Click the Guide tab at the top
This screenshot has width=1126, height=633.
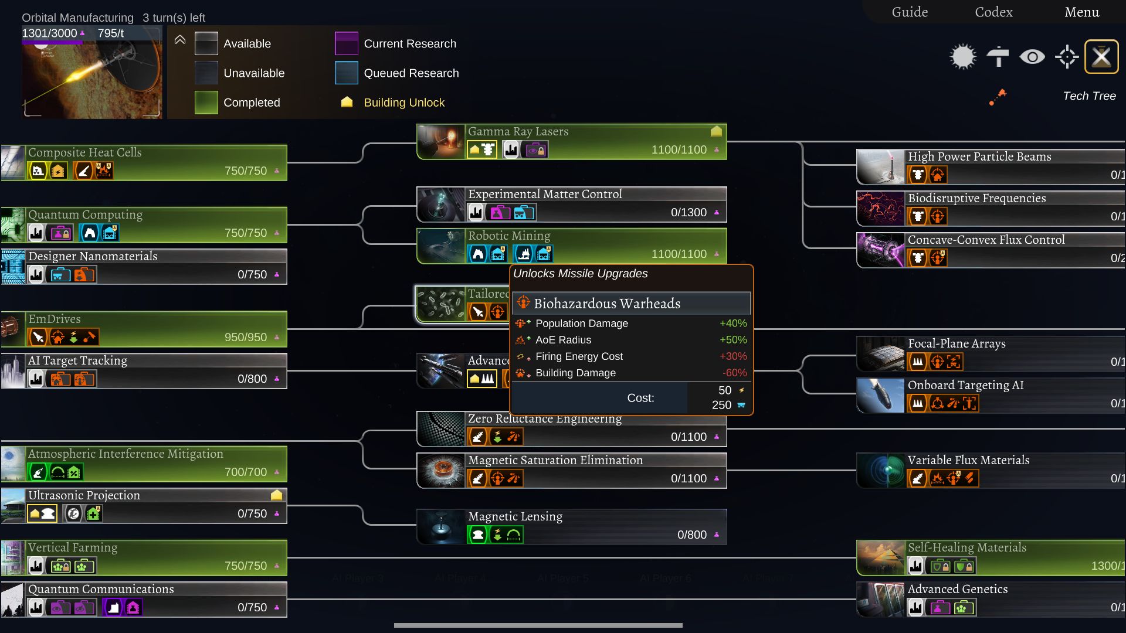tap(910, 12)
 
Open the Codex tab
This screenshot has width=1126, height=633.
tap(993, 12)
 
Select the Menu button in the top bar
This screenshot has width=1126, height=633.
tap(1081, 12)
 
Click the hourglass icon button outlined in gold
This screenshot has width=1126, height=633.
tap(1101, 57)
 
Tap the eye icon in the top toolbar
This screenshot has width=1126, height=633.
tap(1032, 57)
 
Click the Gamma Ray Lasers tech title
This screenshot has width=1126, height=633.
tap(518, 132)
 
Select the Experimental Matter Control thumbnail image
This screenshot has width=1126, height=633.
tap(441, 205)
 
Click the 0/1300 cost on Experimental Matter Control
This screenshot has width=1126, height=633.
tap(689, 213)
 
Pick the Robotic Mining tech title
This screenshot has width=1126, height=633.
tap(509, 236)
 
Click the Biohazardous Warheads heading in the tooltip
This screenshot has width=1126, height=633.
tap(607, 304)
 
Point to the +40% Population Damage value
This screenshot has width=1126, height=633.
tap(733, 324)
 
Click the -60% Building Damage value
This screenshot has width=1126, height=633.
tap(734, 373)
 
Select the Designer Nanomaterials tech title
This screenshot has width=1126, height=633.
tap(93, 256)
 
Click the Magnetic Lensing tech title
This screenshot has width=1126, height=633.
tap(515, 516)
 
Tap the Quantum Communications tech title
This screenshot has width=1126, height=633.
tap(101, 589)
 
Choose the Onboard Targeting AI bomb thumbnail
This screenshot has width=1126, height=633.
tap(880, 396)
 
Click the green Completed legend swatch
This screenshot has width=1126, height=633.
tap(206, 103)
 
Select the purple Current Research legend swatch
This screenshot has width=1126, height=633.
tap(346, 43)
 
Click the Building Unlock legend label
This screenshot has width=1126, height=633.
tap(404, 103)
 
